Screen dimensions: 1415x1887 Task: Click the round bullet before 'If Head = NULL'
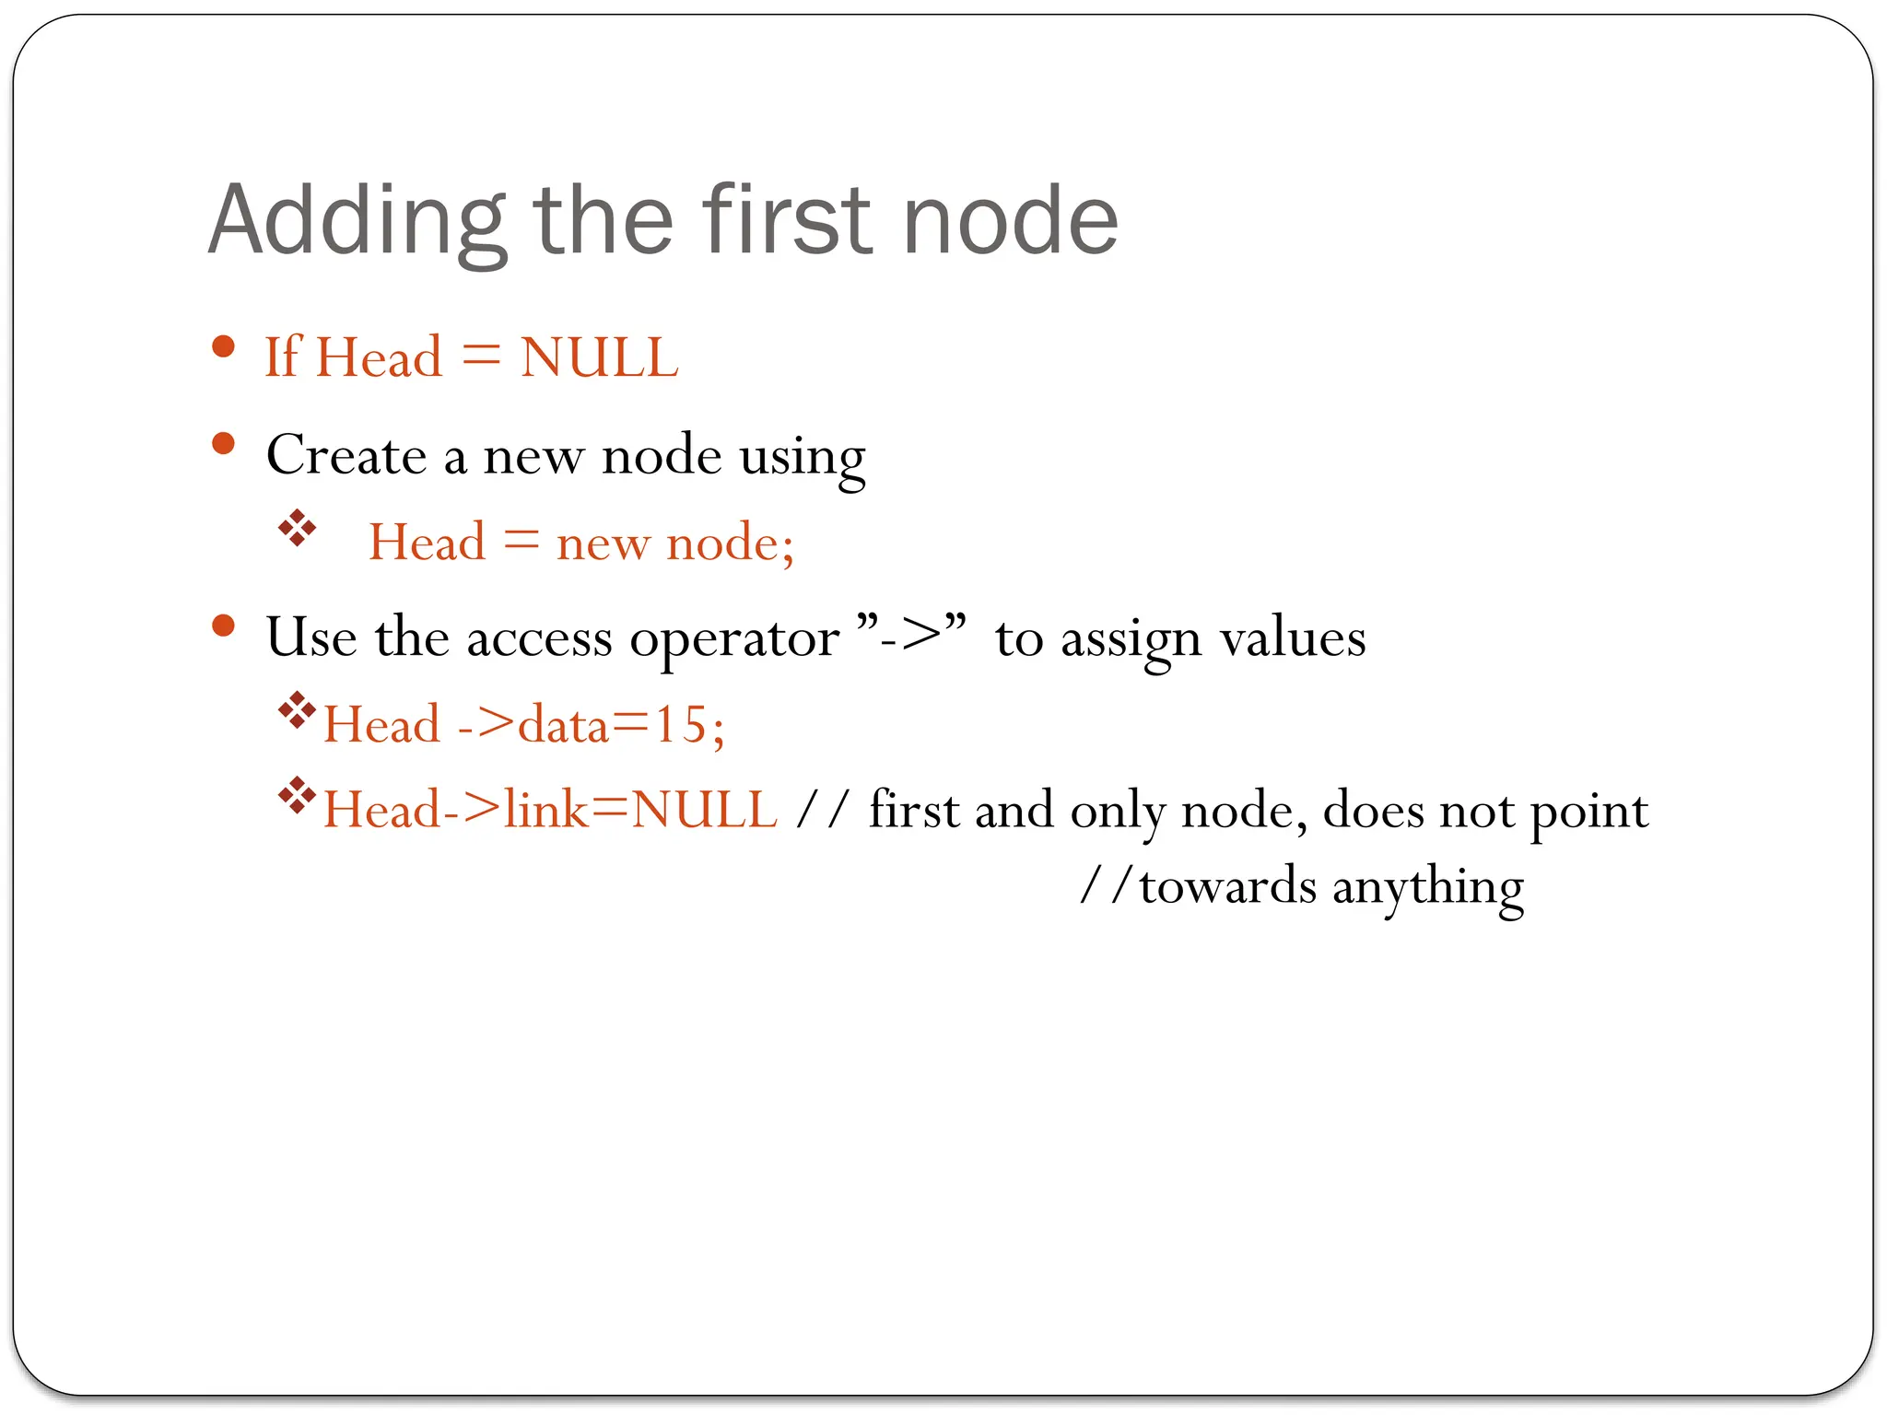223,348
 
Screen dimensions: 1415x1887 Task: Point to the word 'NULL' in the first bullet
599,357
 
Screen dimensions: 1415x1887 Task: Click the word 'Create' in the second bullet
346,455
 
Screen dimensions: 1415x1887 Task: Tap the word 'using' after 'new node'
803,457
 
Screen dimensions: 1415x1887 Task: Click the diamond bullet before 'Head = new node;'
297,529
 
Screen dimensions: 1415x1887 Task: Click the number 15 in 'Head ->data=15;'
680,724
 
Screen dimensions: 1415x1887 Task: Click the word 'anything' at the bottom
1428,889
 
